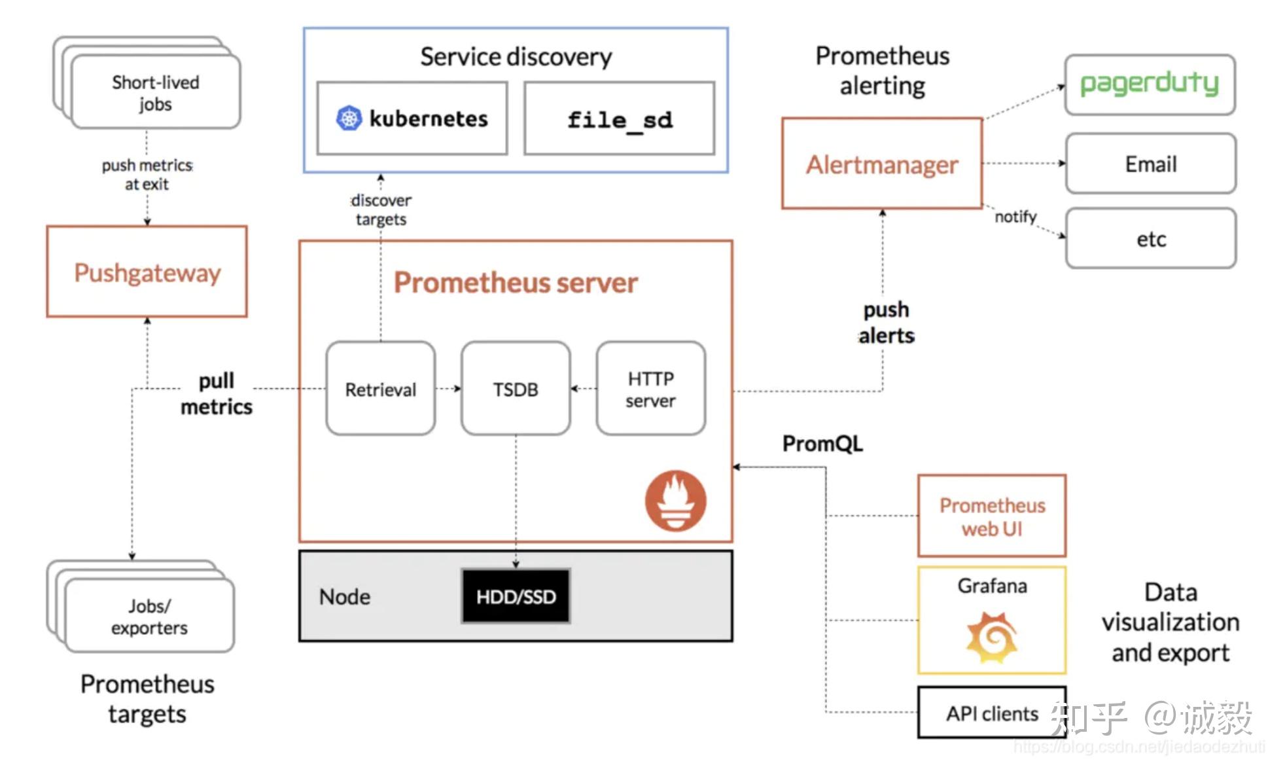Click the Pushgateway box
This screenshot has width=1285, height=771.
coord(147,272)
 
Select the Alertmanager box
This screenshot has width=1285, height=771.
coord(882,164)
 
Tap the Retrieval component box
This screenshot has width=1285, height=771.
coord(381,389)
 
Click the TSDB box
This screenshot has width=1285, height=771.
coord(516,389)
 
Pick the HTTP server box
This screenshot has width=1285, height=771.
coord(651,389)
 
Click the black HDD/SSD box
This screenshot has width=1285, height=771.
coord(516,596)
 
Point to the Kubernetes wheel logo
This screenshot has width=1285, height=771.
coord(349,118)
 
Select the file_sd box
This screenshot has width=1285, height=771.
coord(620,118)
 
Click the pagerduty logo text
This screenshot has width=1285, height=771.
coord(1150,84)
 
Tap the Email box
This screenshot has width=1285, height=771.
coord(1151,164)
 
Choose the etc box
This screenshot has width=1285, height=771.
coord(1151,239)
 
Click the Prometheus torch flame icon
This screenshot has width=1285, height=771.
coord(676,501)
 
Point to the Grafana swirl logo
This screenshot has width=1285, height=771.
coord(992,637)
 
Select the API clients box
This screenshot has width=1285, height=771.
coord(992,712)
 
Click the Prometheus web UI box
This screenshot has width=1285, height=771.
coord(992,516)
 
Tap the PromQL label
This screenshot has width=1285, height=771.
coord(822,444)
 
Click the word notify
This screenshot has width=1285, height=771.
coord(1015,217)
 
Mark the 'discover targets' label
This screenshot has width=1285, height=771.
coord(381,209)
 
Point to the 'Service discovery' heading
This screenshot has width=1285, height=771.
coord(516,57)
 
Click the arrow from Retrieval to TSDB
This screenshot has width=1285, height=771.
coord(448,389)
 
